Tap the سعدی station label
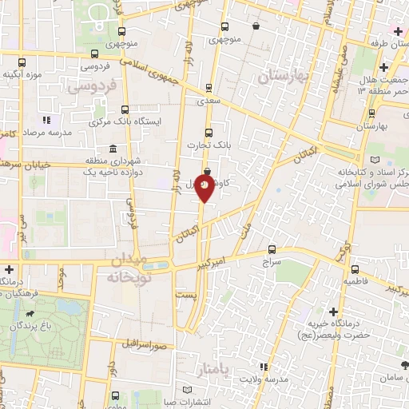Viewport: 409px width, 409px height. tap(208, 102)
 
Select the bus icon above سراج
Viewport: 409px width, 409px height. tap(272, 249)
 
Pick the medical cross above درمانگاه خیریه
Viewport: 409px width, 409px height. tap(333, 311)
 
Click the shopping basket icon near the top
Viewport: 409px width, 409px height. tap(256, 26)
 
